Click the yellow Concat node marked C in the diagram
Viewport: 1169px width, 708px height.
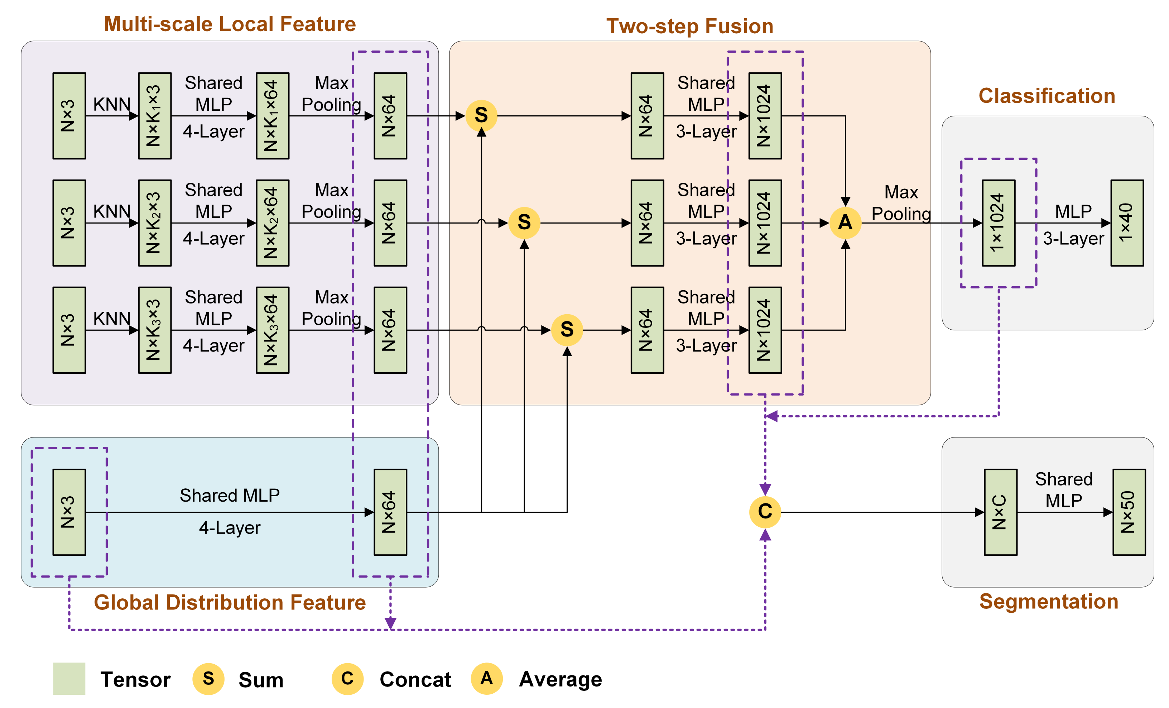pos(765,512)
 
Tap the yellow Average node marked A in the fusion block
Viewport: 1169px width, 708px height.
pos(845,223)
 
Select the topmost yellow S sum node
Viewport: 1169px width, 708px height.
pos(481,115)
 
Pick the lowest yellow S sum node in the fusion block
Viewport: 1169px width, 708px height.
pos(567,329)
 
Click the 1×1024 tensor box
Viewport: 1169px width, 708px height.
pos(998,223)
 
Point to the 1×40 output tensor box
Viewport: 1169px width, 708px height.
pos(1127,223)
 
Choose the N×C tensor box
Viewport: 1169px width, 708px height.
pos(1000,512)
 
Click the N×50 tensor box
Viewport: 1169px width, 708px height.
pos(1129,512)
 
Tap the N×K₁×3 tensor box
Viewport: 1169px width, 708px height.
pos(155,115)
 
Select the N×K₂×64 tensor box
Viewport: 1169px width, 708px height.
pos(272,223)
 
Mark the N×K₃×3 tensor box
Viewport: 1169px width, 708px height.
pos(155,330)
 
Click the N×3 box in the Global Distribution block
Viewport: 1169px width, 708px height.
pos(69,512)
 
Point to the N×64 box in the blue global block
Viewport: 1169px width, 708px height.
pos(390,512)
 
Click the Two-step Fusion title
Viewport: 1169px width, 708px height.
pos(689,26)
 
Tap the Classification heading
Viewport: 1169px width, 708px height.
pos(1047,96)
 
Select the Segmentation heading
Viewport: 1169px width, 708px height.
pos(1049,601)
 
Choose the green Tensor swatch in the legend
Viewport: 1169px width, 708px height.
pos(69,679)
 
